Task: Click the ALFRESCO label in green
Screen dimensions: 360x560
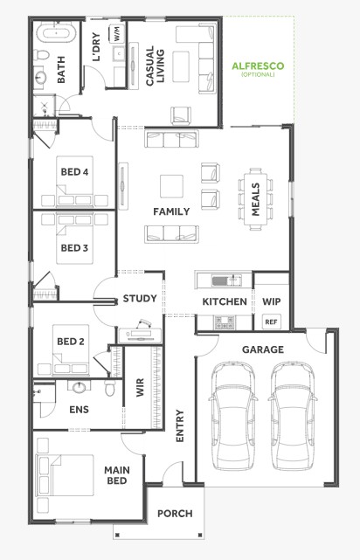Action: [x=258, y=66]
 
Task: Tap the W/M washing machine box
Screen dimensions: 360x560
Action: [x=117, y=34]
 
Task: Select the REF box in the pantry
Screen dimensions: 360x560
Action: [x=271, y=321]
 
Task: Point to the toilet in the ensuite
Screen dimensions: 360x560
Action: [x=110, y=388]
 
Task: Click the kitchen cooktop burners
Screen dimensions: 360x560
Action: [x=224, y=322]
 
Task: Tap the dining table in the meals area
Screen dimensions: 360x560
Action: [x=255, y=199]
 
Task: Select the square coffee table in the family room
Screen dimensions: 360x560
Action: [x=171, y=186]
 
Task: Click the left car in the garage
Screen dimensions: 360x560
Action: [x=233, y=415]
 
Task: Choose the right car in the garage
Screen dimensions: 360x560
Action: [x=293, y=415]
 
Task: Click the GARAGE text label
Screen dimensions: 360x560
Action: [x=263, y=349]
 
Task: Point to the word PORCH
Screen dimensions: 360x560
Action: [x=175, y=514]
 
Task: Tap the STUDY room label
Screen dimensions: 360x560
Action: [x=140, y=299]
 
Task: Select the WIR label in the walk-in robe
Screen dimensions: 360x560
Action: [x=140, y=388]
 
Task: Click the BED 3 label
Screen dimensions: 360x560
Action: [x=74, y=248]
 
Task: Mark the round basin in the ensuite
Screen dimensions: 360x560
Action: [x=80, y=387]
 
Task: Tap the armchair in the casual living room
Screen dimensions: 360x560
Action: [x=181, y=115]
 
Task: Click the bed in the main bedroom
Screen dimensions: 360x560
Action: [x=65, y=475]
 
